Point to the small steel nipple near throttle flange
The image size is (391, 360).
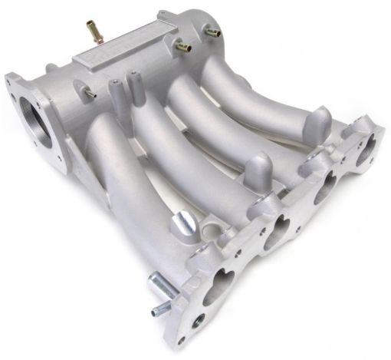coord(90,93)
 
